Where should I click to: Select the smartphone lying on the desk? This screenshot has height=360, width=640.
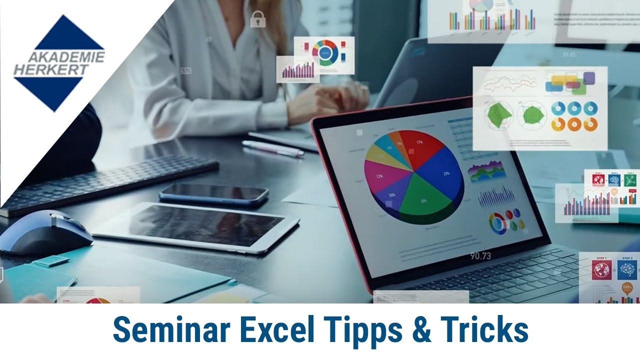(x=214, y=194)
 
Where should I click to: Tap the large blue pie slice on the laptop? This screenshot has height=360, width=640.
(x=442, y=172)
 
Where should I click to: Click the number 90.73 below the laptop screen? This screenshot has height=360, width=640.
(x=480, y=256)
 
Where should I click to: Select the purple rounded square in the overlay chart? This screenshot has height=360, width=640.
(x=589, y=78)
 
